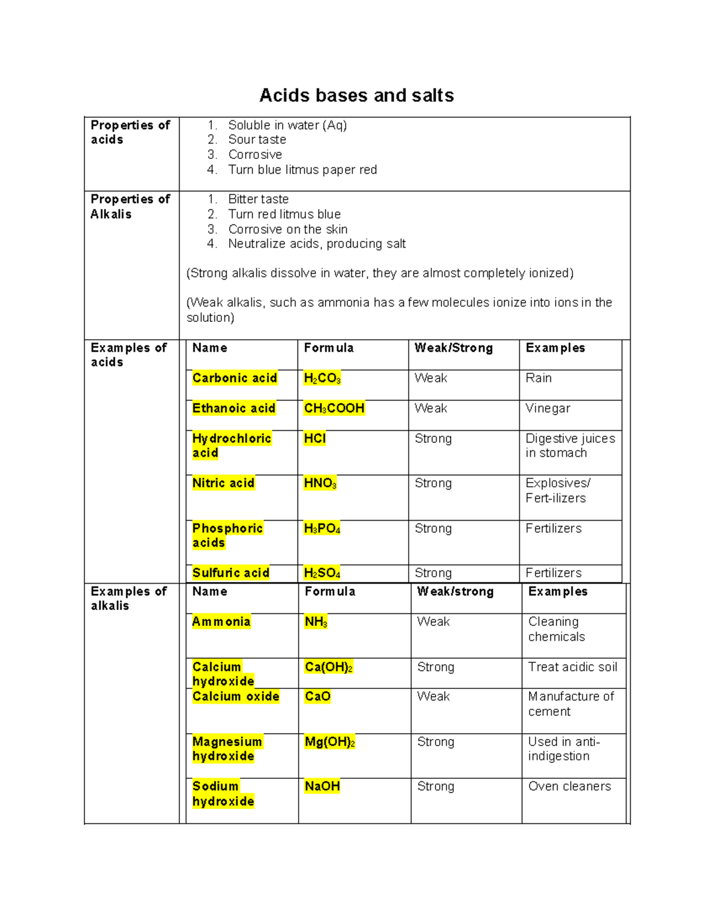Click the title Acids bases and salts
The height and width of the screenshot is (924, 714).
[356, 96]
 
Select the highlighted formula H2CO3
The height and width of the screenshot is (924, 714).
[322, 378]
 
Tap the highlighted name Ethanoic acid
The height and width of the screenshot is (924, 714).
[234, 409]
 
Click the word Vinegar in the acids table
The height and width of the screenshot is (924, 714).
[547, 409]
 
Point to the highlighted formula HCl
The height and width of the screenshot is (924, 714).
[315, 439]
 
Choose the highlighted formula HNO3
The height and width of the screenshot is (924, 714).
[320, 484]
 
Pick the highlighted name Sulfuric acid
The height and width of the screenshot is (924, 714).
[231, 573]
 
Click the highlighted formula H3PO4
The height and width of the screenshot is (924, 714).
[322, 529]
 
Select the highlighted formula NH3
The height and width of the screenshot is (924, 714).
[316, 622]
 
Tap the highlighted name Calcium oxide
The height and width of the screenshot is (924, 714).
[236, 697]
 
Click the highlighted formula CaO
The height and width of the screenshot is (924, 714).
[317, 697]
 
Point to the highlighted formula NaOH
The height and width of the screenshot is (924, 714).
[322, 787]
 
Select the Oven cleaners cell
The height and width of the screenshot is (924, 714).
[569, 787]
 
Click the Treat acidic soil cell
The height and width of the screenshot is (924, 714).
[572, 668]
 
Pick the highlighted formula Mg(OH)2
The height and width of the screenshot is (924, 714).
[330, 743]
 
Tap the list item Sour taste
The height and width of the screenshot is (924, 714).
[257, 140]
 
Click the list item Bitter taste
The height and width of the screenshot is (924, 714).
[258, 199]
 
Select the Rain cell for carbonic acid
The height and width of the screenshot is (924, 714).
[538, 378]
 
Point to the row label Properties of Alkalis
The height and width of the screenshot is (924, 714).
[130, 206]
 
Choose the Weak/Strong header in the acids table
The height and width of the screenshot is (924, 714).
[453, 348]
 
